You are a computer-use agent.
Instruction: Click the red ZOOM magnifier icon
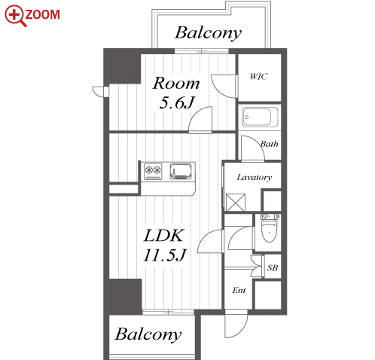tap(15, 16)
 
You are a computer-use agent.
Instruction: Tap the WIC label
tap(259, 76)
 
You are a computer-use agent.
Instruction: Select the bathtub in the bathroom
tap(260, 117)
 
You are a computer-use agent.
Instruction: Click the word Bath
tap(270, 144)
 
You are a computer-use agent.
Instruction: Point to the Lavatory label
tap(255, 178)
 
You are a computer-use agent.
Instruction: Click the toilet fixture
tap(270, 228)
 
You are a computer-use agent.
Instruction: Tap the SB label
tap(273, 268)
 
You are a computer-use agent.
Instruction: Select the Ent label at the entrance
tap(239, 290)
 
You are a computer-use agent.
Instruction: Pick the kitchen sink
tap(181, 171)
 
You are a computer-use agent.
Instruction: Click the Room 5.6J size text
tap(177, 93)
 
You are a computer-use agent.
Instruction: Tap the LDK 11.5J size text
tap(164, 245)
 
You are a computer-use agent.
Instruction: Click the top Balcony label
tap(208, 33)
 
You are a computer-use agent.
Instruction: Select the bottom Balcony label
tap(148, 334)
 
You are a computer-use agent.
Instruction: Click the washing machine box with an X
tap(236, 202)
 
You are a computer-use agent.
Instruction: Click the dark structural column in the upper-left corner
tap(122, 66)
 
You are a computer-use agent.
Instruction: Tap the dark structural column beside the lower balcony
tap(123, 297)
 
